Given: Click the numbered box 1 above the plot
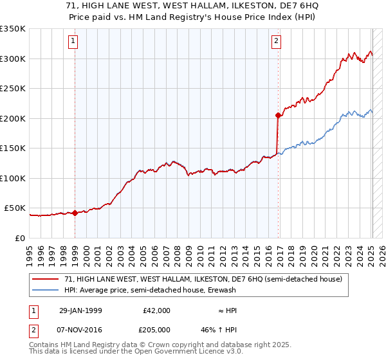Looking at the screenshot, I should coord(74,42).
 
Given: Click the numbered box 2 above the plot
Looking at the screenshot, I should coord(276,42).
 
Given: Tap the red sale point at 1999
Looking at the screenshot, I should coord(75,213).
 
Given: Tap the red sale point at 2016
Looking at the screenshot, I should coord(278,116).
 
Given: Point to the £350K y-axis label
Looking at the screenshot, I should coord(13,29).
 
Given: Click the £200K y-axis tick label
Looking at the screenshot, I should coord(13,118).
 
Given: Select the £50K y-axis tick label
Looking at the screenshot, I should coord(15,208).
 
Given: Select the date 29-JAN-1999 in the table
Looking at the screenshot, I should coord(80,310).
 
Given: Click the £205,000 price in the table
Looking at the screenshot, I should coord(157,328).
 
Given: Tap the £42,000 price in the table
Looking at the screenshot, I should coord(157,310).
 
